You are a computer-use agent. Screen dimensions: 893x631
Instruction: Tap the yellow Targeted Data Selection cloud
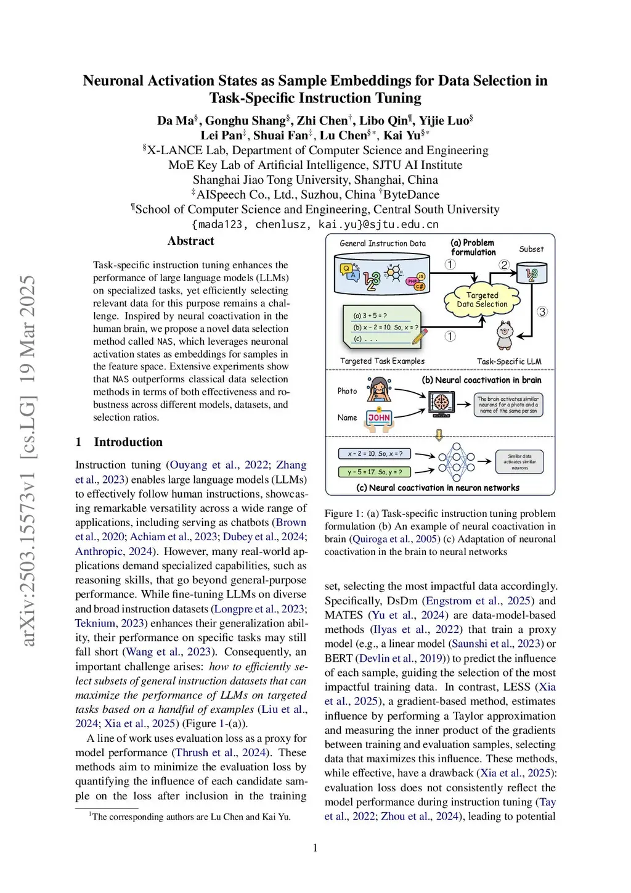pos(482,300)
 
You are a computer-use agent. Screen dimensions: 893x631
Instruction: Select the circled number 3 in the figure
pos(542,311)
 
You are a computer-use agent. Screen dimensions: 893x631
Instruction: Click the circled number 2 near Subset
pos(504,265)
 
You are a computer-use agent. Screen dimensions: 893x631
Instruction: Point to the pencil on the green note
pos(420,336)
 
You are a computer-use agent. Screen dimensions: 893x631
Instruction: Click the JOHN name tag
pos(379,418)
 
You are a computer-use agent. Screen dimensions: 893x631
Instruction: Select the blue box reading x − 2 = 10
pos(375,454)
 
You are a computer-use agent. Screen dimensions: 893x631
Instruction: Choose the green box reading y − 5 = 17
pos(375,472)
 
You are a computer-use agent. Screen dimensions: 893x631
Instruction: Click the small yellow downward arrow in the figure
pos(439,435)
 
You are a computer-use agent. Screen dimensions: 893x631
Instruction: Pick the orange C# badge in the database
pos(419,286)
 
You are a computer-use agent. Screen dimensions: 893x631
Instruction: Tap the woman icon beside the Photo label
pos(378,390)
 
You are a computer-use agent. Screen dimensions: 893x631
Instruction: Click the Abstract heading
pos(191,241)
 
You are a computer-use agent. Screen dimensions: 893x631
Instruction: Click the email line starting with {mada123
pos(315,224)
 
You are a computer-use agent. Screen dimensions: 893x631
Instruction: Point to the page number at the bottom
pos(315,848)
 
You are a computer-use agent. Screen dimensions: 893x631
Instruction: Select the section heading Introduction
pos(128,442)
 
